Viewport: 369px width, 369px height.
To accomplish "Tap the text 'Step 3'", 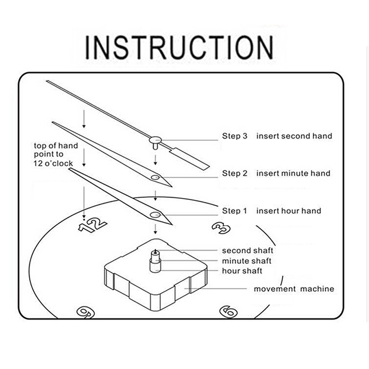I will (235, 136).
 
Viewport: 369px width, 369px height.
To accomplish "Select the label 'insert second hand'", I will (294, 136).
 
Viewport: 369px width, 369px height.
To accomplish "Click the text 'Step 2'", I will (235, 173).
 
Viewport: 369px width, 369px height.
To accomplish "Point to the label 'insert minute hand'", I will (293, 173).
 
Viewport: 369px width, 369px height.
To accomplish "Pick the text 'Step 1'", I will (235, 211).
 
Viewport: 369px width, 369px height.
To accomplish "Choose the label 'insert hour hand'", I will (289, 211).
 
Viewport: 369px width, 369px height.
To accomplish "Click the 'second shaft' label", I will (248, 250).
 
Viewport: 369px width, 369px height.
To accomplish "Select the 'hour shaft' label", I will (242, 271).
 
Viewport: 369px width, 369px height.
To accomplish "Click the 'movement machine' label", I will (294, 289).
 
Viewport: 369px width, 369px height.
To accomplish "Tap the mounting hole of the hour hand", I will (155, 214).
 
